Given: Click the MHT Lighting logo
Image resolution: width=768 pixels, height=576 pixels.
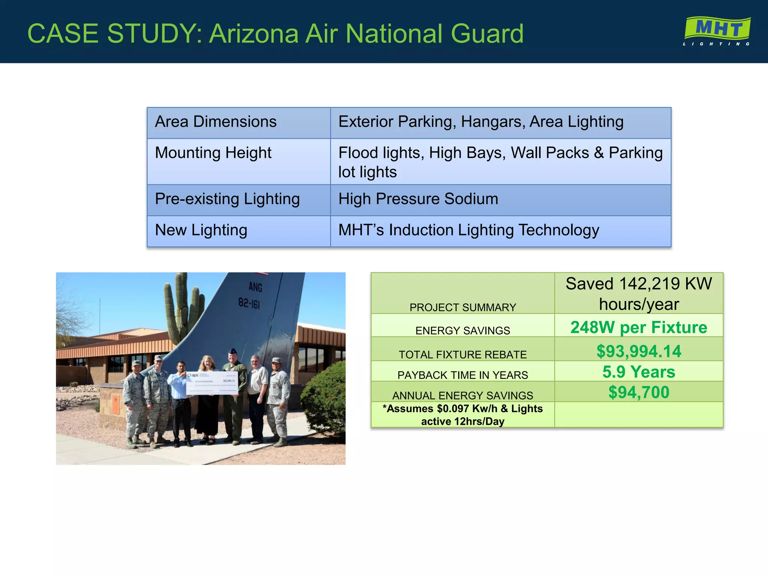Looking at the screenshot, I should coord(717,31).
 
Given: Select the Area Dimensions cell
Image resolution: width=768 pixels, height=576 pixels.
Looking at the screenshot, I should coord(216,122).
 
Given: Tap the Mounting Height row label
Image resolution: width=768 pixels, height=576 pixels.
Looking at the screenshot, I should coord(213,153).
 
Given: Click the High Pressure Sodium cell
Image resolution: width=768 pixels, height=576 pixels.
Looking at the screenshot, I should coord(418,199).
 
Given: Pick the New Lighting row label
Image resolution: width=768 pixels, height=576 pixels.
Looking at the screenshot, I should coord(201,230).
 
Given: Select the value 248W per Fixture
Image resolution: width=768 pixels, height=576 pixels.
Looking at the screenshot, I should coord(639,327).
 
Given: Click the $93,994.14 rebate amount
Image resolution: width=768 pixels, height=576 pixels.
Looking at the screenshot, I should coord(639,351).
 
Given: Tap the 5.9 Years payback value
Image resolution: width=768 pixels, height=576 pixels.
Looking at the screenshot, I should coord(639,372).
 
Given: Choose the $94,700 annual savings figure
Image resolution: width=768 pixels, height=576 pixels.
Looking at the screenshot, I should coord(639,393).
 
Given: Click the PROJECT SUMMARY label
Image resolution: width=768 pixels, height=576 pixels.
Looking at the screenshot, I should coord(462,307).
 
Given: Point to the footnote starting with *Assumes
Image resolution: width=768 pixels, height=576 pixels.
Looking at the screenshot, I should coord(462,415).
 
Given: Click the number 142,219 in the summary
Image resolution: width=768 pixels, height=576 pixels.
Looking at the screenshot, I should coord(649,284).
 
